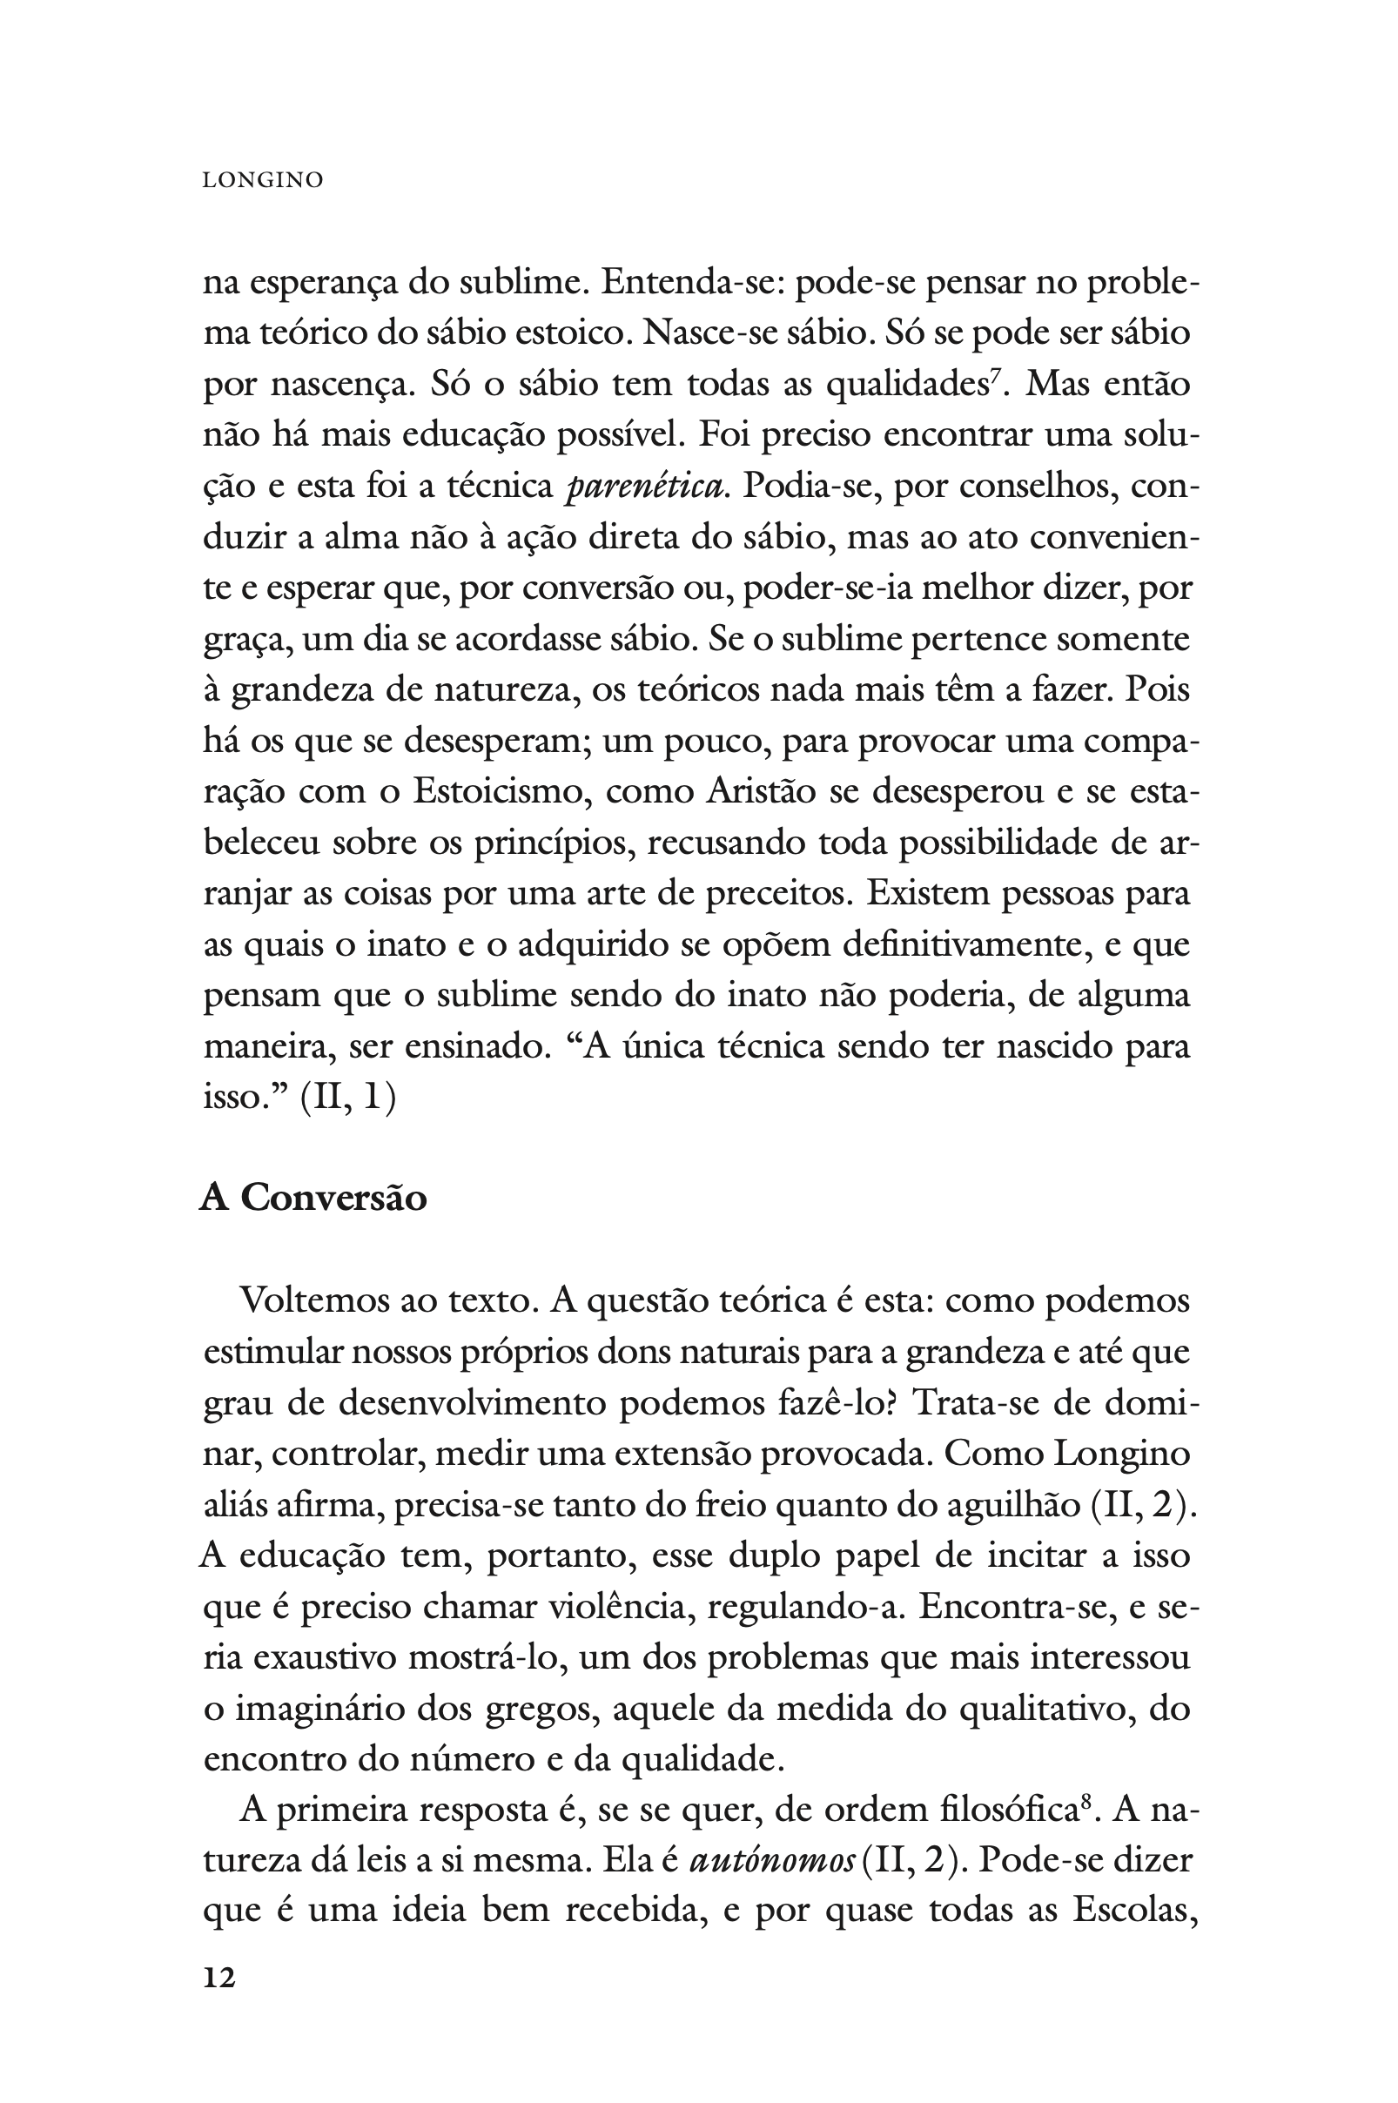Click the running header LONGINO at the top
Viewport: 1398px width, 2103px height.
tap(263, 180)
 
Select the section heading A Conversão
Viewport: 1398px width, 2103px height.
tap(313, 1198)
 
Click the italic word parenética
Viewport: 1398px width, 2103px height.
tap(645, 487)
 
